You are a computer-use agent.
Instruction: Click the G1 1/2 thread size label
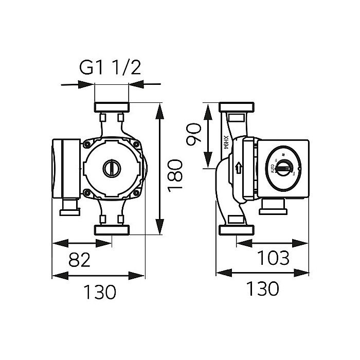pyautogui.click(x=111, y=68)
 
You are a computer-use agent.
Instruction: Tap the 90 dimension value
pyautogui.click(x=193, y=135)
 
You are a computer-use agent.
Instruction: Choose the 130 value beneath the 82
pyautogui.click(x=100, y=292)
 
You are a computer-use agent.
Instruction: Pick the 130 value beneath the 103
pyautogui.click(x=262, y=289)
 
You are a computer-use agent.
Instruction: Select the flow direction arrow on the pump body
pyautogui.click(x=238, y=168)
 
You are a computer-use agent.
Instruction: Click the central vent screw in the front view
pyautogui.click(x=111, y=168)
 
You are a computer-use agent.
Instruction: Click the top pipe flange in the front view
pyautogui.click(x=111, y=107)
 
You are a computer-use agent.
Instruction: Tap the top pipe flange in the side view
pyautogui.click(x=237, y=107)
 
